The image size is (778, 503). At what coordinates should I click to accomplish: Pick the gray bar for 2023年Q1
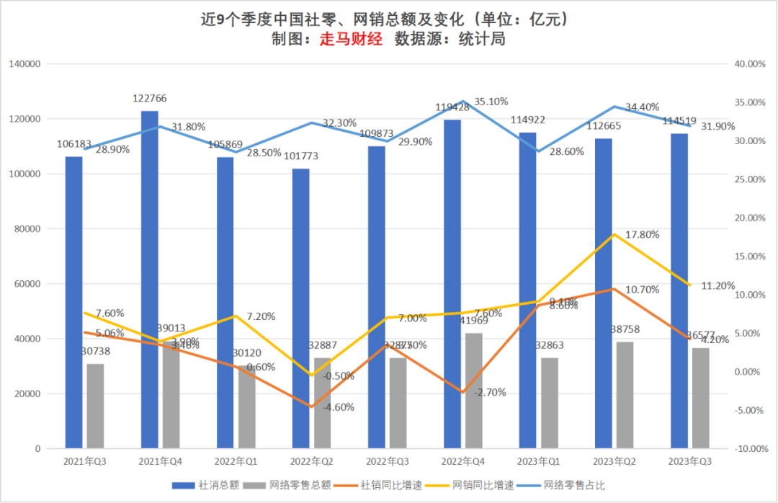(549, 403)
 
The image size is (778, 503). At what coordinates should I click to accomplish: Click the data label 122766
(149, 98)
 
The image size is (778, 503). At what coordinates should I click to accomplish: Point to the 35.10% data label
(492, 102)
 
